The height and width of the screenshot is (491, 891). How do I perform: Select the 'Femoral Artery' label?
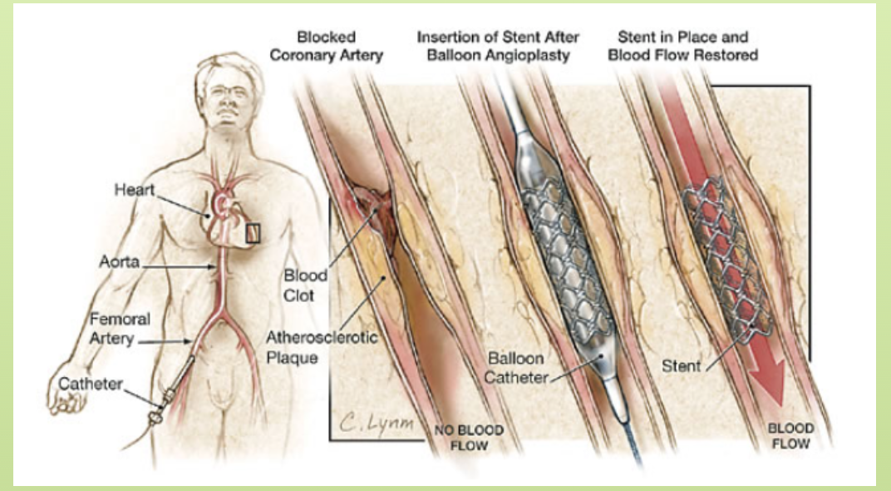click(x=116, y=330)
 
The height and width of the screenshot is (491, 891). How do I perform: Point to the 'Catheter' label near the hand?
click(x=90, y=384)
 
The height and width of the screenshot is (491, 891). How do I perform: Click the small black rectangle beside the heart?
click(x=254, y=232)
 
